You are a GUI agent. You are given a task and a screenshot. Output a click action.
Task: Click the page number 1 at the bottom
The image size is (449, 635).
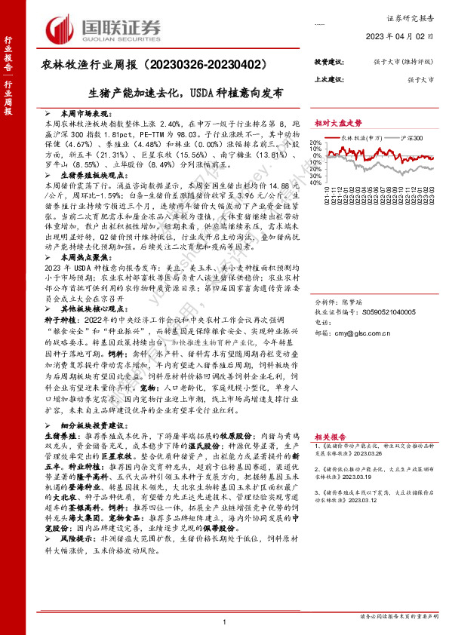(x=225, y=621)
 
